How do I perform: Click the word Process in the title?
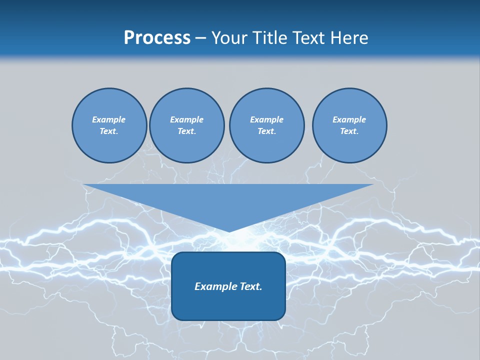click(x=157, y=38)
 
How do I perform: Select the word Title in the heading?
click(x=270, y=38)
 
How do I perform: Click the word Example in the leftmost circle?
click(x=109, y=119)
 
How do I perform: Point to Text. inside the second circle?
click(x=186, y=131)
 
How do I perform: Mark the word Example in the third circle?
click(x=266, y=119)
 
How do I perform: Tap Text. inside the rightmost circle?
click(x=349, y=131)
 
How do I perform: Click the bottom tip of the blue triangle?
click(x=228, y=230)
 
